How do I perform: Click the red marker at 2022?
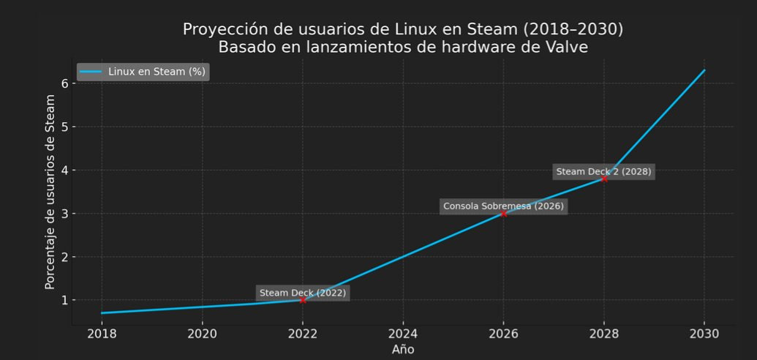click(303, 300)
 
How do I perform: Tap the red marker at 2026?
click(503, 213)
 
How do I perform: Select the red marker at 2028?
click(604, 179)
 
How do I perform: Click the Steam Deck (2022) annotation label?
click(303, 293)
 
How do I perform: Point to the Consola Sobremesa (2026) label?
click(503, 206)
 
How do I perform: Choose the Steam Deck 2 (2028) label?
click(603, 172)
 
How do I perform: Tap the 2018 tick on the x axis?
click(102, 334)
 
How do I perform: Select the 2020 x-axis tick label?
click(202, 334)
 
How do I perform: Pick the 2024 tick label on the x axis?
click(403, 334)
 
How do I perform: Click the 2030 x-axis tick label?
click(704, 334)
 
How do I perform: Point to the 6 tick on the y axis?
click(64, 83)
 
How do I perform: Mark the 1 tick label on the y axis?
click(64, 300)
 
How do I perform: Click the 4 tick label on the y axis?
click(64, 170)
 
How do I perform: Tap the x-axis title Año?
click(403, 349)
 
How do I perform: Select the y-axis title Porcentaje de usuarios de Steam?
click(50, 192)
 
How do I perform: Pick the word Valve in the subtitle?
click(563, 47)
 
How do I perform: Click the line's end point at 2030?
click(704, 70)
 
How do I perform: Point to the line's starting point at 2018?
click(102, 313)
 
